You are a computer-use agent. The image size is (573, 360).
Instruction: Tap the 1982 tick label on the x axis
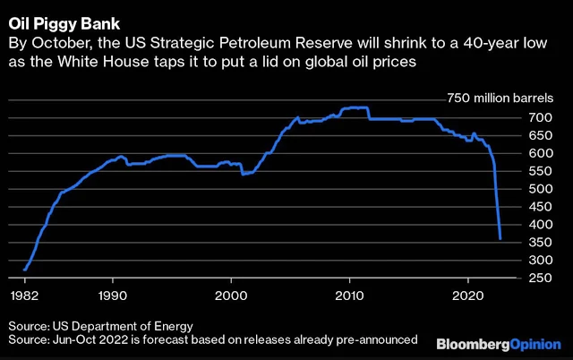point(24,294)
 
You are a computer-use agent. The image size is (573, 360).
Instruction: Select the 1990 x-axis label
point(112,294)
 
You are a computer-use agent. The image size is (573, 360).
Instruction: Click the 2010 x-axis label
point(349,294)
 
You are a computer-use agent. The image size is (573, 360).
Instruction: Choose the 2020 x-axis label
point(468,294)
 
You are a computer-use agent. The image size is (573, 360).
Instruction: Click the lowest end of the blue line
point(500,238)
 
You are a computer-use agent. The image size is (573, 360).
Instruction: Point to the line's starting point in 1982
point(25,270)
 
